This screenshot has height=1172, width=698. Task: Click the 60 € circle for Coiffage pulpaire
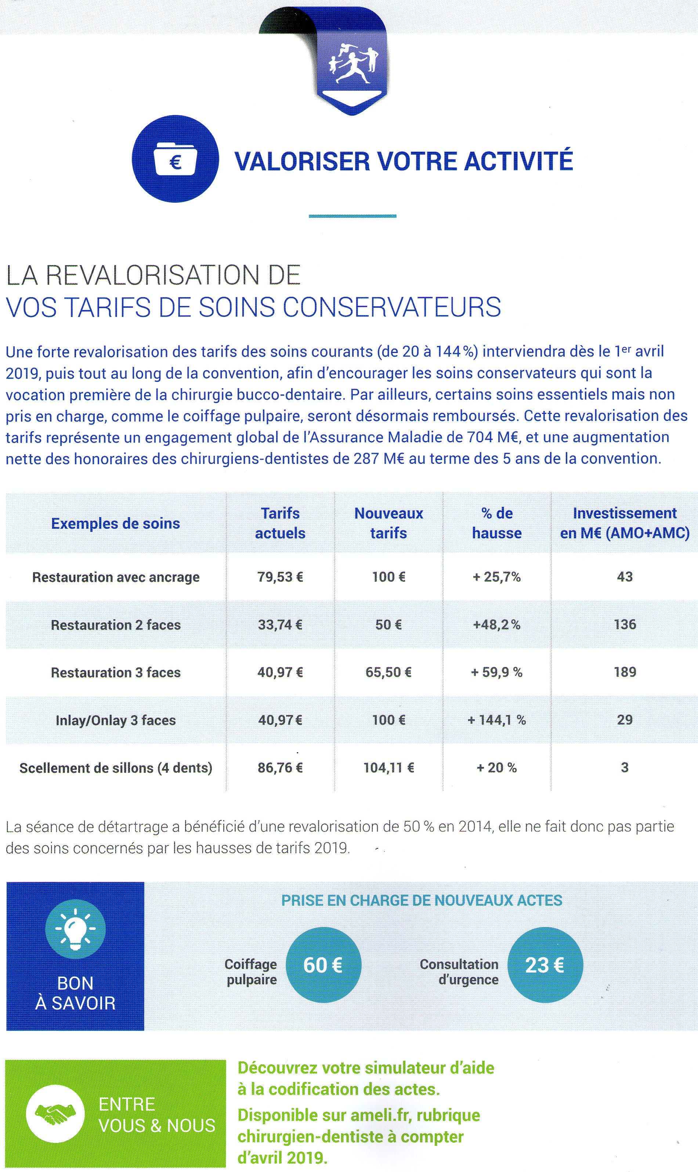click(x=323, y=965)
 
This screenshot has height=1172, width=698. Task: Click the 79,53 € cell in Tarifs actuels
click(x=280, y=577)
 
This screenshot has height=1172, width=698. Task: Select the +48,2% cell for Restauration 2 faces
click(x=497, y=625)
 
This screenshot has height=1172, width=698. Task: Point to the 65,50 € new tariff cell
click(x=388, y=672)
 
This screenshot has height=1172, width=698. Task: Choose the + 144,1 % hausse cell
click(x=497, y=720)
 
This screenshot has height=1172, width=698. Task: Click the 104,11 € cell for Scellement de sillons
click(x=388, y=768)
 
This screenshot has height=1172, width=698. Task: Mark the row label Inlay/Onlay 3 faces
click(x=116, y=720)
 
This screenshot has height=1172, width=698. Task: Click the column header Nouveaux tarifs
click(x=388, y=523)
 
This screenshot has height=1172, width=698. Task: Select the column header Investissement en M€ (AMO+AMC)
click(x=625, y=523)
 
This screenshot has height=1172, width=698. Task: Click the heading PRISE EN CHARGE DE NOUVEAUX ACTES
click(x=422, y=901)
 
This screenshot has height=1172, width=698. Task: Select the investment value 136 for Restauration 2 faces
click(x=625, y=624)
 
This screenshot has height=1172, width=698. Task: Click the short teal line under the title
click(x=352, y=216)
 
